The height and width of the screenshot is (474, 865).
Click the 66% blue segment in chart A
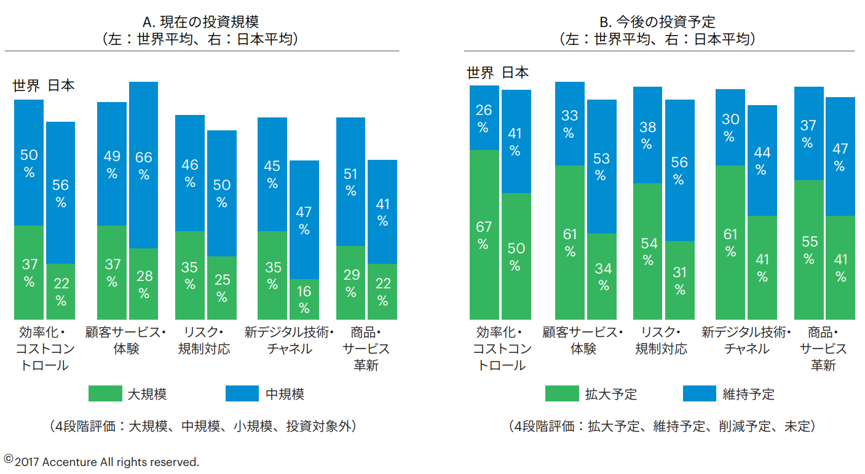pyautogui.click(x=143, y=165)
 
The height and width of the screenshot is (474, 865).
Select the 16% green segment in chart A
pyautogui.click(x=304, y=299)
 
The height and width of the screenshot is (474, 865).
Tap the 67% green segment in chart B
pyautogui.click(x=484, y=234)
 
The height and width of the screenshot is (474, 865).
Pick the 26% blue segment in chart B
pyautogui.click(x=484, y=118)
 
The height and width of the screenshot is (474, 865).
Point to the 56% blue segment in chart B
pyautogui.click(x=679, y=170)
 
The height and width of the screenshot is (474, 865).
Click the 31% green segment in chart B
pyautogui.click(x=679, y=280)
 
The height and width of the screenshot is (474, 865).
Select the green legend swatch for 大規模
pyautogui.click(x=105, y=393)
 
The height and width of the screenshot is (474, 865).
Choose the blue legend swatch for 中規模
pyautogui.click(x=242, y=393)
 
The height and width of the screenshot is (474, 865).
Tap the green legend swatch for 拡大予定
pyautogui.click(x=562, y=393)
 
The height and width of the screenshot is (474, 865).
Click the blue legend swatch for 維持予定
pyautogui.click(x=699, y=393)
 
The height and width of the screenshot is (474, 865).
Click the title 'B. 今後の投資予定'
pyautogui.click(x=658, y=22)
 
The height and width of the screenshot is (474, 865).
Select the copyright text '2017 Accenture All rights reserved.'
pyautogui.click(x=106, y=462)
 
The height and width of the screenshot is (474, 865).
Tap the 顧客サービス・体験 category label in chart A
pyautogui.click(x=127, y=341)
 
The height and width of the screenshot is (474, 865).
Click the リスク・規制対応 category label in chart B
pyautogui.click(x=662, y=341)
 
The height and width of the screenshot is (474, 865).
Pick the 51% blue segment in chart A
pyautogui.click(x=350, y=181)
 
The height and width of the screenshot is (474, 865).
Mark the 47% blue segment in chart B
pyautogui.click(x=840, y=156)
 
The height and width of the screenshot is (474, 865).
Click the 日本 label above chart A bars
pyautogui.click(x=61, y=85)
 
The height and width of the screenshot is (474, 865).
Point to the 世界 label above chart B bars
pyautogui.click(x=480, y=73)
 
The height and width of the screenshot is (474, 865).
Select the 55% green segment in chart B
pyautogui.click(x=808, y=250)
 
